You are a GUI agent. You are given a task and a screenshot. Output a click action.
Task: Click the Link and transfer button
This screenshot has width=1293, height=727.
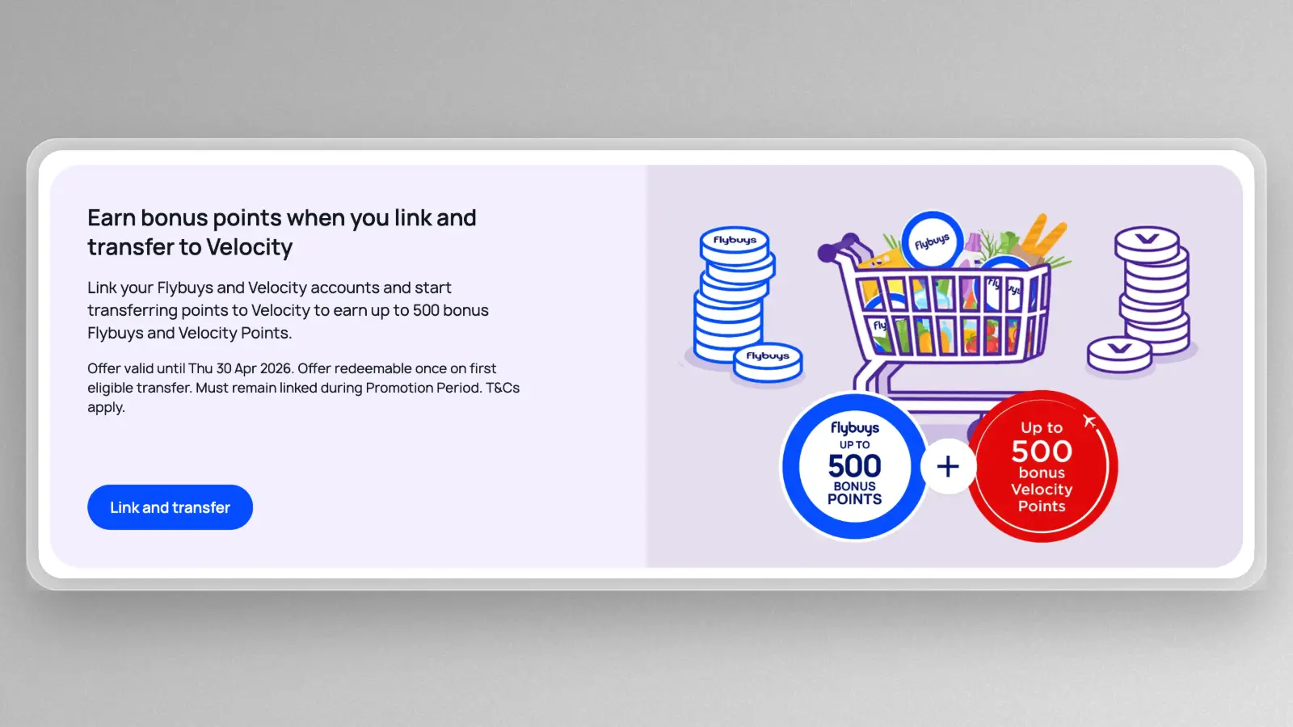click(x=170, y=507)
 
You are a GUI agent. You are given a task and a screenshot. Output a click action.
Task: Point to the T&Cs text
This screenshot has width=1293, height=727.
click(x=503, y=388)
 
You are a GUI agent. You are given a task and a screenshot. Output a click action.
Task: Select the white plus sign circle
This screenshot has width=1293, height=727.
click(x=948, y=466)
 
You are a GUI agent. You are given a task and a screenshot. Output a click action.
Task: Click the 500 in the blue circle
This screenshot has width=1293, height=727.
click(x=854, y=466)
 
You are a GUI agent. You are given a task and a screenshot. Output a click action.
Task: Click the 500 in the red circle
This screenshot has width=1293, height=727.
click(x=1042, y=451)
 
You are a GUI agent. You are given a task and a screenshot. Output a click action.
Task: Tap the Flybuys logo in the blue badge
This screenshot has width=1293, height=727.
click(x=854, y=427)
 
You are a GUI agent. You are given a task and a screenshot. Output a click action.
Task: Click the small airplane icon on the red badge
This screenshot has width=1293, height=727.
click(x=1089, y=420)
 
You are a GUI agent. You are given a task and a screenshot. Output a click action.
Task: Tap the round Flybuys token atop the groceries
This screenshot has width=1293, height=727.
click(x=932, y=241)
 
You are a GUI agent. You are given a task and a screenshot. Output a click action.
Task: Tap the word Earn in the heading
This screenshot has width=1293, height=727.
click(x=112, y=218)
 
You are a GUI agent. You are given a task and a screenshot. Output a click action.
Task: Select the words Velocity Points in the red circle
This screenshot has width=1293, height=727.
click(x=1042, y=498)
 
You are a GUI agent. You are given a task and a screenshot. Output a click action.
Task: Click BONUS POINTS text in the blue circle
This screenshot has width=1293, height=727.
click(x=854, y=493)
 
